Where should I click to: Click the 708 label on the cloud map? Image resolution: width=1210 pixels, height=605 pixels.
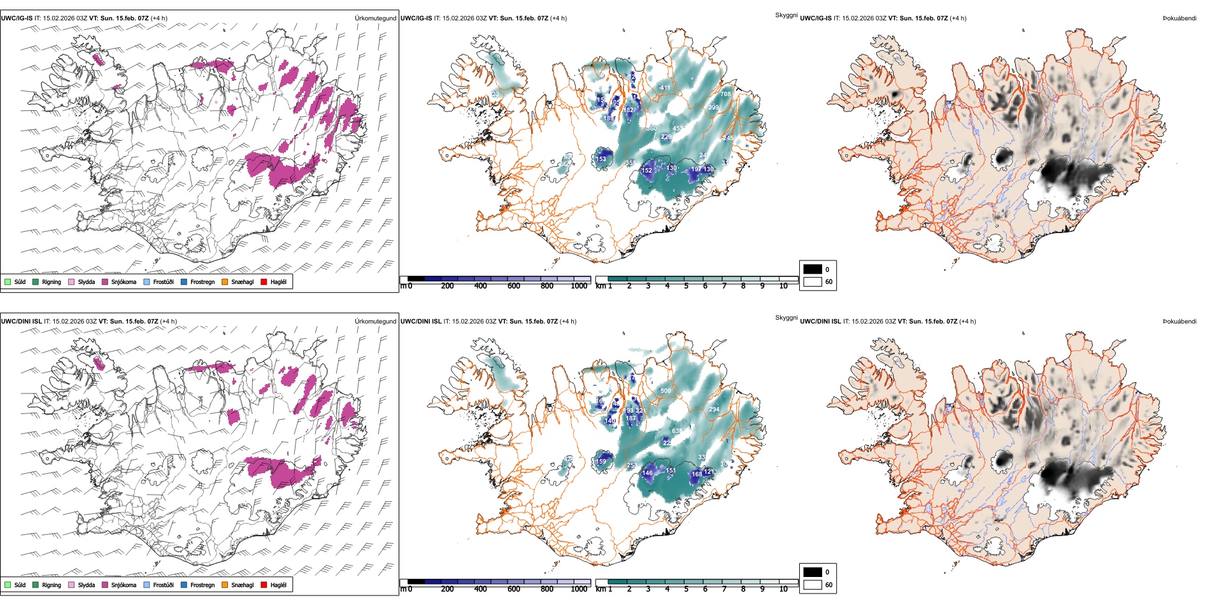[x=725, y=94]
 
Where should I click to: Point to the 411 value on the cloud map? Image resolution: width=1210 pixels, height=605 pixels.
[x=665, y=88]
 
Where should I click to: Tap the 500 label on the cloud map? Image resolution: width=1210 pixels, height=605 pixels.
[x=665, y=391]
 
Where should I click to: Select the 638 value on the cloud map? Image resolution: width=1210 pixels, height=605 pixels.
[x=677, y=431]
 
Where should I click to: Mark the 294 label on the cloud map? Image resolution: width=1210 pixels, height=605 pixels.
[x=714, y=409]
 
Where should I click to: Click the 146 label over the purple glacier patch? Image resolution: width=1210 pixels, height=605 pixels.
[x=648, y=473]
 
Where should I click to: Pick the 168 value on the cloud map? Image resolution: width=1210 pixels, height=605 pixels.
[x=697, y=474]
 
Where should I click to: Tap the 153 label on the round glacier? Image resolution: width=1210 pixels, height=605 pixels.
[x=601, y=159]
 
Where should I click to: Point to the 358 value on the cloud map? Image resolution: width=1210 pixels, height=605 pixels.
[x=630, y=163]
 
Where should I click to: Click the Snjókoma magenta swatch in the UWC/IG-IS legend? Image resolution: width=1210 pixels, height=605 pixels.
[x=105, y=282]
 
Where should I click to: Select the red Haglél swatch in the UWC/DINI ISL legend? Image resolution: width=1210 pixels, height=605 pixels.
[x=264, y=585]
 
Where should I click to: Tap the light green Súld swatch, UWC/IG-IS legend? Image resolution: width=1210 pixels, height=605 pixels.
[x=8, y=282]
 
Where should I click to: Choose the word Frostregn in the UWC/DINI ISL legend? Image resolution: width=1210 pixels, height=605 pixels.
[x=203, y=585]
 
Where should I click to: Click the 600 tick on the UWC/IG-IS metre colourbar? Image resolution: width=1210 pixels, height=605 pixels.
[x=514, y=286]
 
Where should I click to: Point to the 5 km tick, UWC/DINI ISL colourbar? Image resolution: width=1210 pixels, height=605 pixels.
[x=687, y=589]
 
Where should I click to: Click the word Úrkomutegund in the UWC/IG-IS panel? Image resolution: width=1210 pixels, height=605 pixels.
[x=375, y=18]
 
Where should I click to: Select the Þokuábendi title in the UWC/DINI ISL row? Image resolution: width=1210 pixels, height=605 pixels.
[x=1179, y=322]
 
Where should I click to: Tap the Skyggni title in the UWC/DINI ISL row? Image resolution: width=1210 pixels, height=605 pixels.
[x=786, y=318]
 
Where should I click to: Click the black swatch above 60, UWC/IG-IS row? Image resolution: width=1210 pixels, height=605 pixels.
[x=813, y=269]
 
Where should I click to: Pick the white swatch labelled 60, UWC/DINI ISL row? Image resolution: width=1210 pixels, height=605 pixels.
[x=813, y=585]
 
